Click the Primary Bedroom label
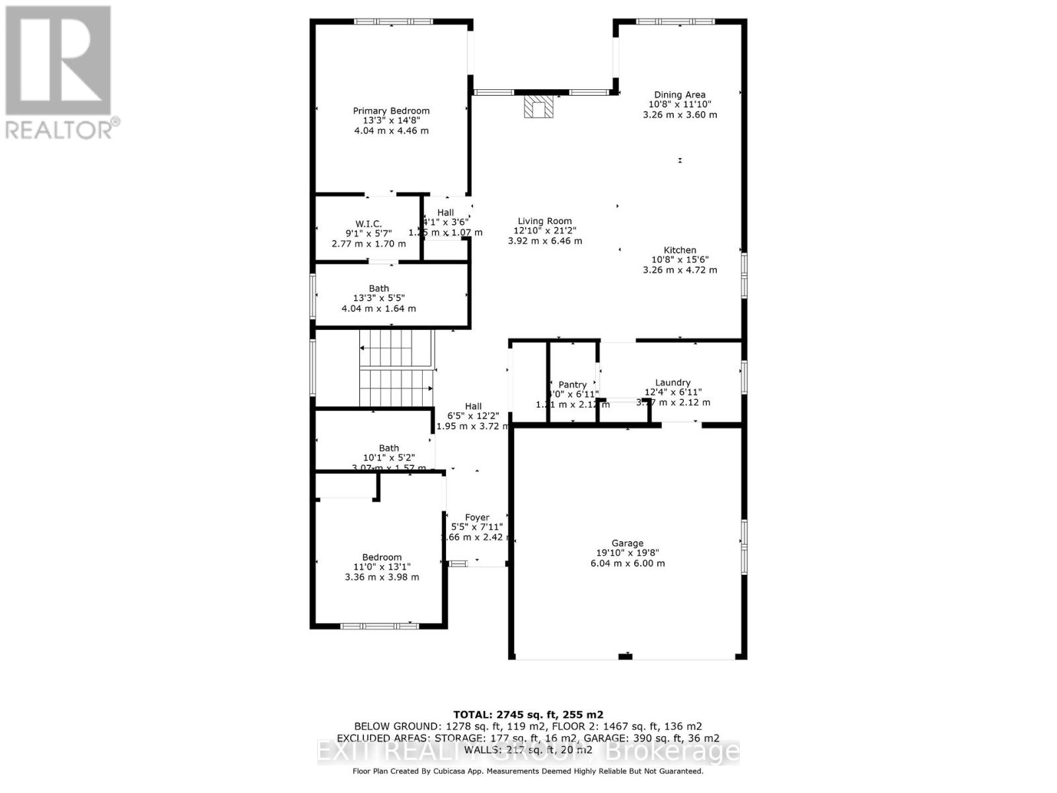tap(391, 111)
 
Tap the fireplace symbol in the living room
tap(538, 106)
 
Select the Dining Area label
tap(680, 94)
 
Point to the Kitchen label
tap(680, 250)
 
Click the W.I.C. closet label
tap(368, 224)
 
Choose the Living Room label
tap(544, 221)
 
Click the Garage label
tap(627, 543)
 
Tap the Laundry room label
tap(673, 383)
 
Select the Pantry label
tap(572, 385)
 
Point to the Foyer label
tap(477, 517)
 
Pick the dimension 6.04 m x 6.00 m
tap(627, 564)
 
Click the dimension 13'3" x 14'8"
tap(391, 121)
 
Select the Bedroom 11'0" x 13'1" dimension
tap(382, 567)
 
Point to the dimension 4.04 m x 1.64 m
tap(379, 309)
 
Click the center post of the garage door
tap(625, 656)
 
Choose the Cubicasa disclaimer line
tap(528, 771)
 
